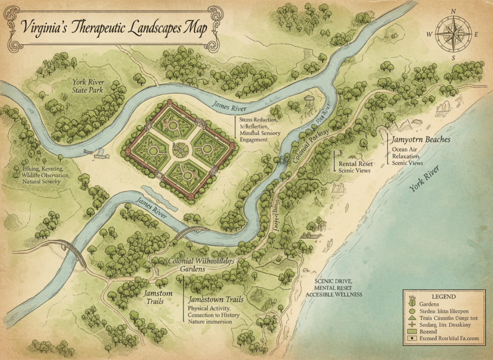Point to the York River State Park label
[x=88, y=85]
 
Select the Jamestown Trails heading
[x=216, y=299]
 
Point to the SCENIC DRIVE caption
[x=334, y=281]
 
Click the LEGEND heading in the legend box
[x=444, y=296]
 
